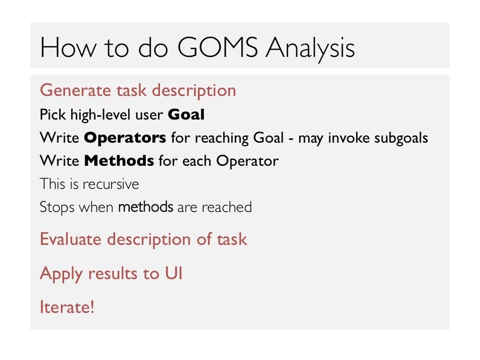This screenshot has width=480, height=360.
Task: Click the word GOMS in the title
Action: [217, 47]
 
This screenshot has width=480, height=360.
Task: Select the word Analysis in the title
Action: [310, 49]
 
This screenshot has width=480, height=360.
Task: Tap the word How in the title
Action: [68, 47]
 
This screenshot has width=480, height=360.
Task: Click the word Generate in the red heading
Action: [75, 91]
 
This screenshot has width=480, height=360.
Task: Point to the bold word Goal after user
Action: [186, 115]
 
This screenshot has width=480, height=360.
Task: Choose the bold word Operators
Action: [125, 138]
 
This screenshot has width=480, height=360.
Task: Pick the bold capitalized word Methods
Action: [119, 161]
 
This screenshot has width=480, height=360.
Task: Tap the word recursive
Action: [111, 184]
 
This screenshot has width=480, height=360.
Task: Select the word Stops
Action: [57, 207]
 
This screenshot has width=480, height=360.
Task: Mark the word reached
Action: [226, 207]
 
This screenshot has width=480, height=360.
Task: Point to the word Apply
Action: [61, 274]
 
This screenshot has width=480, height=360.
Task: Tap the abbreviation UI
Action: [174, 273]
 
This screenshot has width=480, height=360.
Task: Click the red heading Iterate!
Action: [67, 307]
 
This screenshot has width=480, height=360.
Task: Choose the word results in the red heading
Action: [113, 274]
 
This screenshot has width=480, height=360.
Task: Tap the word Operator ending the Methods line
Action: [247, 161]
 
